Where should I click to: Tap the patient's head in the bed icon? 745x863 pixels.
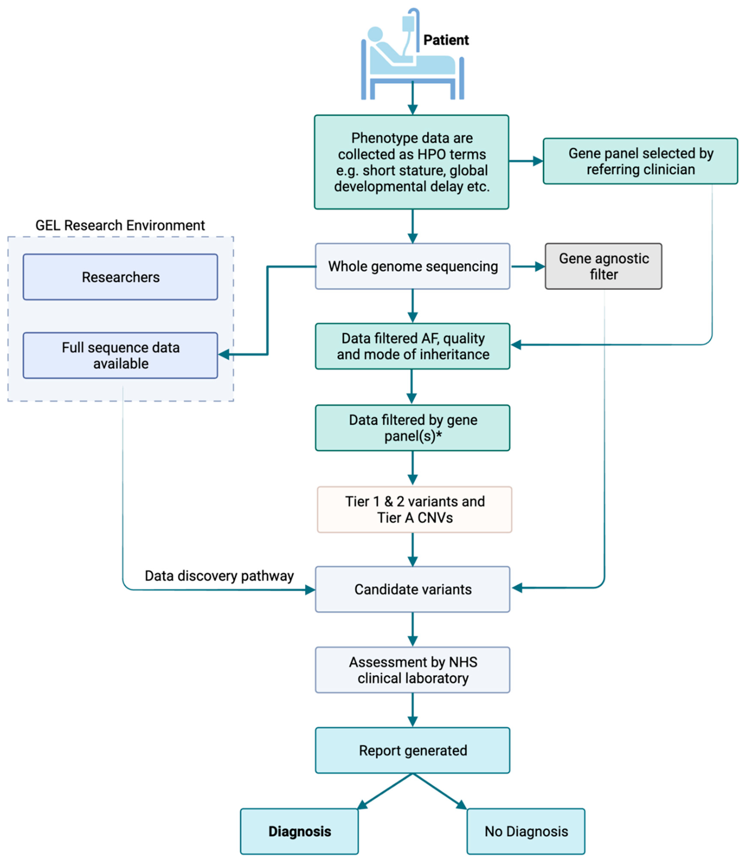coord(375,34)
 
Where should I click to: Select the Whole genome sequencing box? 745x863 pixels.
coord(412,266)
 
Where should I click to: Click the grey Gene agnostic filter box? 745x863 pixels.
coord(603,266)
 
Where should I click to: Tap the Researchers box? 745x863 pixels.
coord(120,277)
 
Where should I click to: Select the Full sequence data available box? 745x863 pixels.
coord(120,355)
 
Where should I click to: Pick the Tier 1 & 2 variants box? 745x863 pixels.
coord(414,509)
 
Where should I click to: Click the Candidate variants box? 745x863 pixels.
coord(412,589)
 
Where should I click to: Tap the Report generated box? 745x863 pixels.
coord(412,751)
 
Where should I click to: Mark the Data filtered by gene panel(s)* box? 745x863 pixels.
coord(412,428)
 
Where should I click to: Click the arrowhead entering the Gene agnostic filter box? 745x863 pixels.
coord(540,267)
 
